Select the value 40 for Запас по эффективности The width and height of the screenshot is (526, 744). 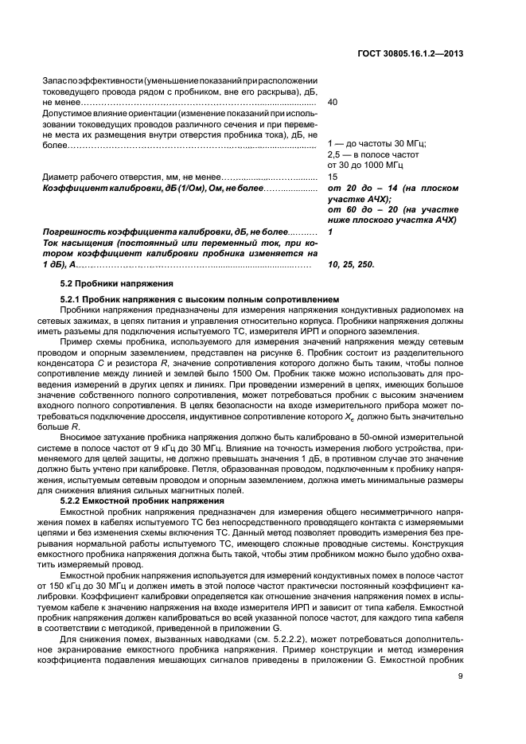pyautogui.click(x=333, y=103)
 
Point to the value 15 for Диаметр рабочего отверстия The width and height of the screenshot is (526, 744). pyautogui.click(x=333, y=177)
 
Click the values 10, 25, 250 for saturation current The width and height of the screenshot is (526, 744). pyautogui.click(x=351, y=263)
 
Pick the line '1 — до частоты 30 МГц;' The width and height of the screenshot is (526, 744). pyautogui.click(x=376, y=143)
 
